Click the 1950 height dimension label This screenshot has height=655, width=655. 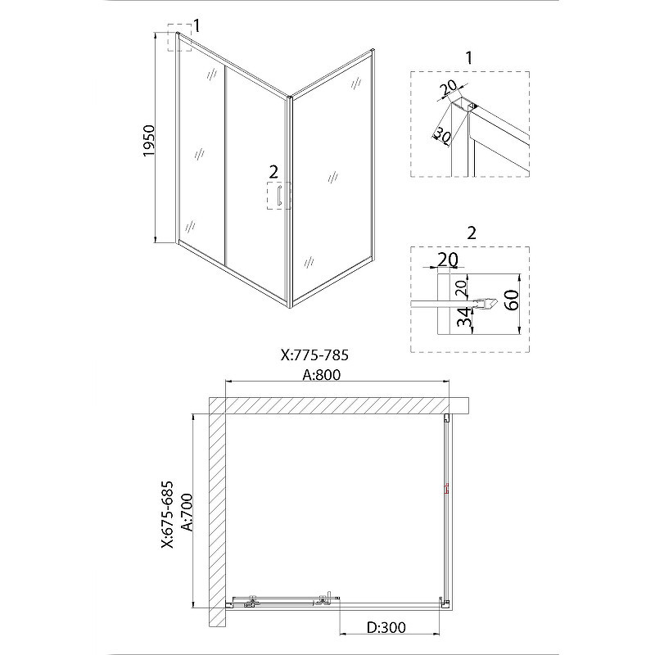[149, 141]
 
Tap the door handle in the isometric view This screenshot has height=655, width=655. [278, 196]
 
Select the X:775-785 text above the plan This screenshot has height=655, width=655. [314, 355]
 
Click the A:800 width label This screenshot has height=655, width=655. [321, 375]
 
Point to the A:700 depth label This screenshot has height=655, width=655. [188, 513]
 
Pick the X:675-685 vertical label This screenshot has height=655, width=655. [168, 515]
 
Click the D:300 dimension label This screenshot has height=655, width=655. [386, 627]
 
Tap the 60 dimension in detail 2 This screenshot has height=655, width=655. [513, 300]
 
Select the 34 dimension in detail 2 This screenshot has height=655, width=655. [463, 317]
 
